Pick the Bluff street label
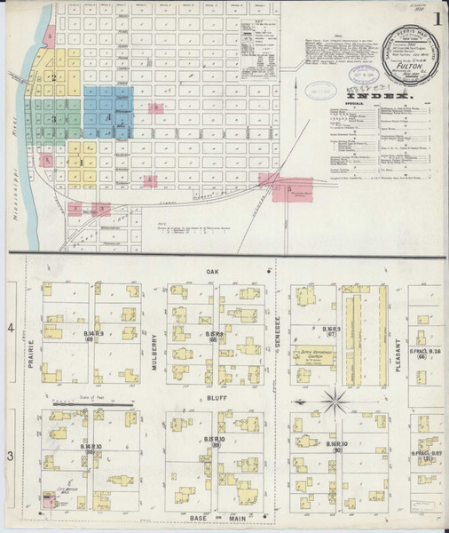coord(212,401)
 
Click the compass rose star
coord(336,402)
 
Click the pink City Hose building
coord(46,503)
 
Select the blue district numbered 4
coord(108,115)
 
